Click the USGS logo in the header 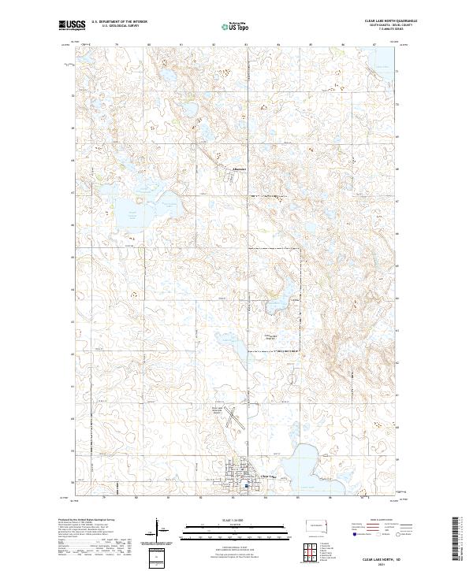click(72, 25)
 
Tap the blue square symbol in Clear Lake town click(246, 486)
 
